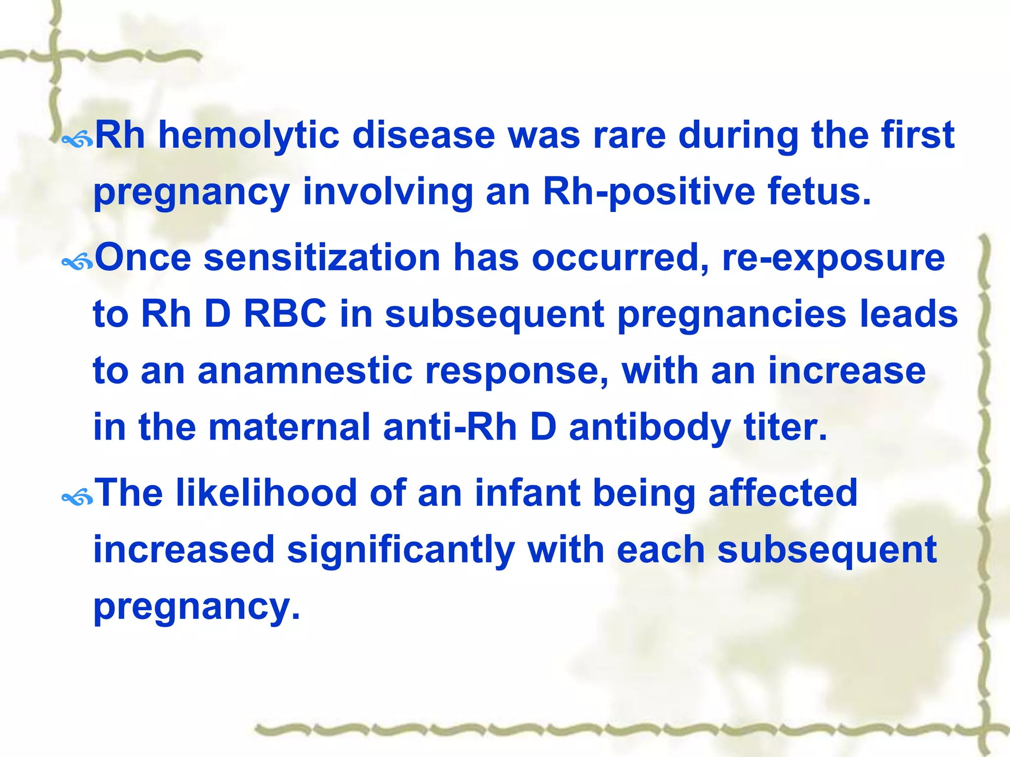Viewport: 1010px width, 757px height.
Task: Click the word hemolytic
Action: pos(249,136)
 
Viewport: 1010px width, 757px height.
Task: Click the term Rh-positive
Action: pos(649,192)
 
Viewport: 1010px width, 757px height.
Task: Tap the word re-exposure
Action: pos(833,258)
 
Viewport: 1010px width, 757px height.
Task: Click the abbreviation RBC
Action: pos(285,314)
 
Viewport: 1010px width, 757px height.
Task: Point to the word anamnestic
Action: pos(305,371)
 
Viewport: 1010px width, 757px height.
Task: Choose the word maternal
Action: pos(289,427)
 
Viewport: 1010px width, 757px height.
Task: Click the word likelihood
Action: pos(266,492)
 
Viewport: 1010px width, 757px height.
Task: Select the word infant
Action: pos(527,492)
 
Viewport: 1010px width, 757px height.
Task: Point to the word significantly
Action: pos(401,550)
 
